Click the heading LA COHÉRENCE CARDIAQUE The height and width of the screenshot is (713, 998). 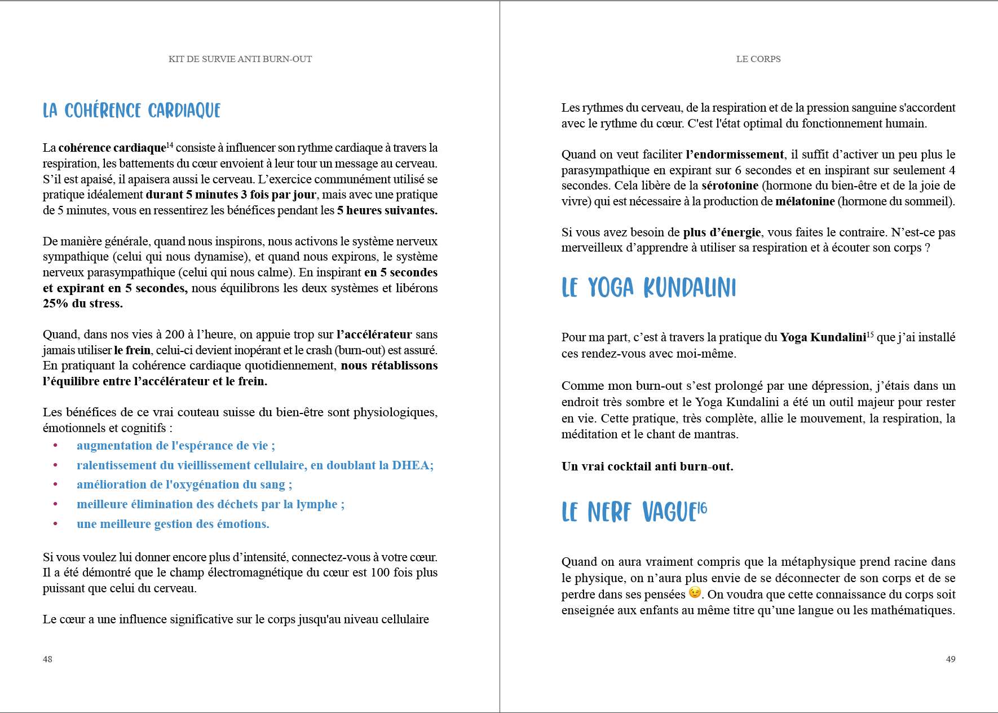coord(131,111)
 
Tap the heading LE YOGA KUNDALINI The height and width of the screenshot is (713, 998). coord(648,288)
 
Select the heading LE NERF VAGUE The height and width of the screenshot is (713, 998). coord(629,512)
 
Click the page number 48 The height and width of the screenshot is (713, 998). coord(47,659)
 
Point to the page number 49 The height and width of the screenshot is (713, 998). coord(950,659)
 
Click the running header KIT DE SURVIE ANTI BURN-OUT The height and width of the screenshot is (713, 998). coord(240,59)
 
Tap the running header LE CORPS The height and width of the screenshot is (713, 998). coord(758,59)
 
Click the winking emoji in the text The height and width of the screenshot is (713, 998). coord(695,592)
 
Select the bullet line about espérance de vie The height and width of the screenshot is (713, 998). coord(175,446)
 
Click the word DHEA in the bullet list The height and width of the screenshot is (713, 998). coord(410,465)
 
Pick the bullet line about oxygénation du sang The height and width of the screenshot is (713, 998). coord(184,485)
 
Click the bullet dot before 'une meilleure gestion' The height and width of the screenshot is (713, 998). coord(55,524)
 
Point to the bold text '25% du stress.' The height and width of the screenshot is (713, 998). coord(83,303)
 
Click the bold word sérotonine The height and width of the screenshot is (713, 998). coord(730,186)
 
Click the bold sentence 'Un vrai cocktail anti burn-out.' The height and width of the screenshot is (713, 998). coord(647,466)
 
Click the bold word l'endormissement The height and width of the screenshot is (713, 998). coord(734,155)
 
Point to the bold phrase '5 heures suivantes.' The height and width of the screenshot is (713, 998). coord(387,210)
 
